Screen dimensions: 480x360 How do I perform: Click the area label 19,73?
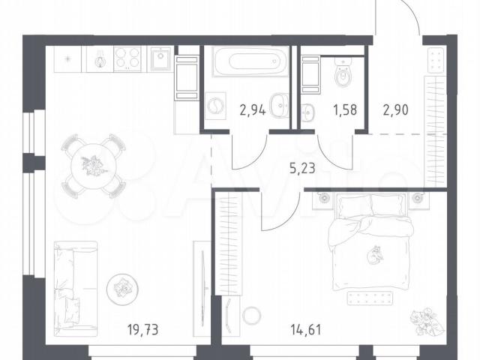tap(143, 330)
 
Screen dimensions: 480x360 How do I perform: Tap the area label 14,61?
tap(306, 330)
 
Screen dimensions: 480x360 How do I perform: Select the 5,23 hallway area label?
tap(302, 168)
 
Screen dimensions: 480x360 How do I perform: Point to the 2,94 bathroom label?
tap(253, 110)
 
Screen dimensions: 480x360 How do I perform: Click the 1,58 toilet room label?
tap(345, 110)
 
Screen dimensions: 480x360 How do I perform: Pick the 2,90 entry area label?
tap(395, 110)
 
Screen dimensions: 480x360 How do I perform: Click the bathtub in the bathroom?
tap(251, 61)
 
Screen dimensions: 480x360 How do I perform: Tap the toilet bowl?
tap(343, 73)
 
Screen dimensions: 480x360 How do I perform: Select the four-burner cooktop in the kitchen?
tap(127, 58)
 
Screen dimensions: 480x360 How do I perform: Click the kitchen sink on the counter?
tap(160, 58)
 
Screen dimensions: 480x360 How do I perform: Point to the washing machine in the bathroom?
tap(214, 106)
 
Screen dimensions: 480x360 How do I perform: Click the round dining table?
tap(94, 166)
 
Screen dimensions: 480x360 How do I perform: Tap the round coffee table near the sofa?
tap(122, 289)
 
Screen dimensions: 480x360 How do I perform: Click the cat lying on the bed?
tap(375, 255)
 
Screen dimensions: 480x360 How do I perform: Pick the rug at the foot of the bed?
tap(370, 298)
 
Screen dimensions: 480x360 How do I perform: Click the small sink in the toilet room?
tap(307, 114)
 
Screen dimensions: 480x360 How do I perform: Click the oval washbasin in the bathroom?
tap(280, 106)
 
